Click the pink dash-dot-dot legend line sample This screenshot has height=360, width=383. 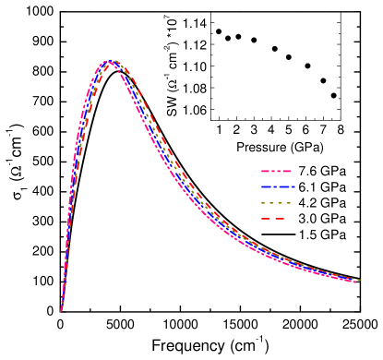[x=276, y=171]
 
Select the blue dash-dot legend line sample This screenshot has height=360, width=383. [x=277, y=186]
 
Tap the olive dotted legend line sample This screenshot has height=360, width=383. [x=276, y=202]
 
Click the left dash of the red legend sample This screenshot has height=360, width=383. [x=266, y=219]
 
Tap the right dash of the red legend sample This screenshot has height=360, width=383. [x=279, y=219]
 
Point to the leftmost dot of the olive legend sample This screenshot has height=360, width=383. [x=263, y=202]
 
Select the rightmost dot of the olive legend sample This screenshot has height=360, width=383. [x=289, y=202]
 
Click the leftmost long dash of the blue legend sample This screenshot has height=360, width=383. [x=267, y=186]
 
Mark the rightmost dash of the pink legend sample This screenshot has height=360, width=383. [x=286, y=171]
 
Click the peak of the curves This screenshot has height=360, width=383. [x=111, y=62]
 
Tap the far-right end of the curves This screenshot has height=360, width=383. [x=356, y=280]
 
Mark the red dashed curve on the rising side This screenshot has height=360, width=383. [x=82, y=138]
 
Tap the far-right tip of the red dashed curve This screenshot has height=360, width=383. [x=358, y=279]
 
